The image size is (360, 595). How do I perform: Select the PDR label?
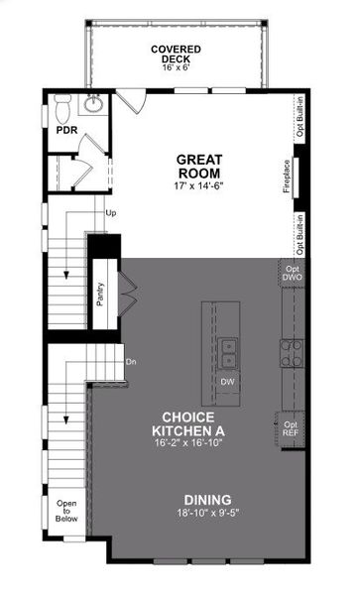(x=67, y=130)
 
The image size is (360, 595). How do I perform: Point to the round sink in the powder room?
(x=95, y=102)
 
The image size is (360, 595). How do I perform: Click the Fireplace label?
(x=287, y=178)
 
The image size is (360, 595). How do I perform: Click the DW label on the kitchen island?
(x=227, y=381)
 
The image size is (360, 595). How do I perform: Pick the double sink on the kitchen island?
(x=227, y=347)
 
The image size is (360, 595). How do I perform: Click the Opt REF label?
(x=292, y=428)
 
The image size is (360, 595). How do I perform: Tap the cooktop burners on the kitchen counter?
(x=292, y=351)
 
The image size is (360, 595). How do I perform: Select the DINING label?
(x=208, y=499)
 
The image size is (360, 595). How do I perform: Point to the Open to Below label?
(x=65, y=510)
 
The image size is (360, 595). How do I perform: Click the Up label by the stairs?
(x=111, y=213)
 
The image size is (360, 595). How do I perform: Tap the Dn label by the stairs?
(x=130, y=362)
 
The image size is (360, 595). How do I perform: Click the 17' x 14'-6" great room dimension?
(x=198, y=184)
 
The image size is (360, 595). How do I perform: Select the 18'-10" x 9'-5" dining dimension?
(x=208, y=515)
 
